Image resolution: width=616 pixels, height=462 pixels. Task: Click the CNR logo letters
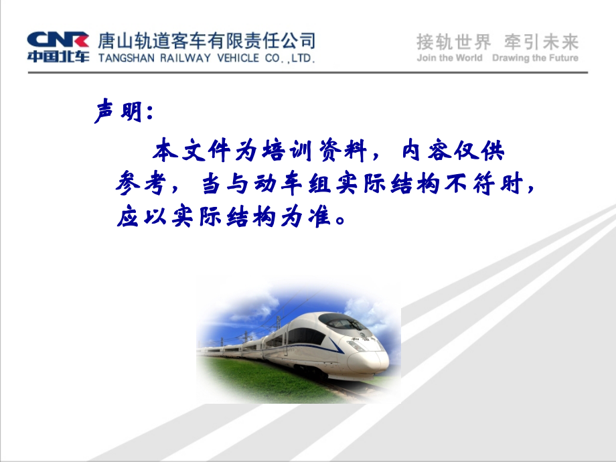(x=58, y=38)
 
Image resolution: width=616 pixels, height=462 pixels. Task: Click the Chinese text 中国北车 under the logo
(x=58, y=56)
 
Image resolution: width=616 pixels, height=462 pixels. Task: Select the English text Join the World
(x=449, y=58)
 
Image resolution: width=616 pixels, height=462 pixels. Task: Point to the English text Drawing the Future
(x=535, y=58)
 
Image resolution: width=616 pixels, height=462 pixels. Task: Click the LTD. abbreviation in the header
(x=301, y=59)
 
